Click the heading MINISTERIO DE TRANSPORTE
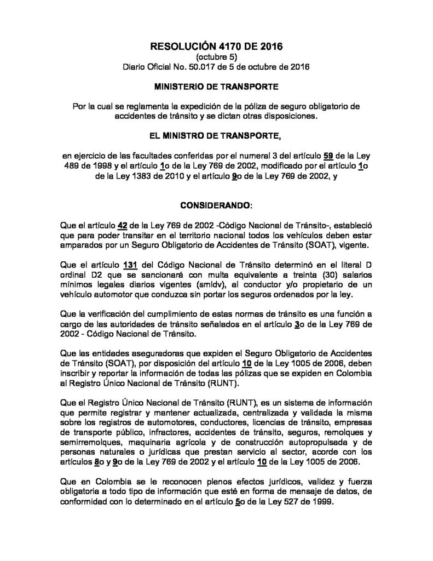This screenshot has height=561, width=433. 216,87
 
